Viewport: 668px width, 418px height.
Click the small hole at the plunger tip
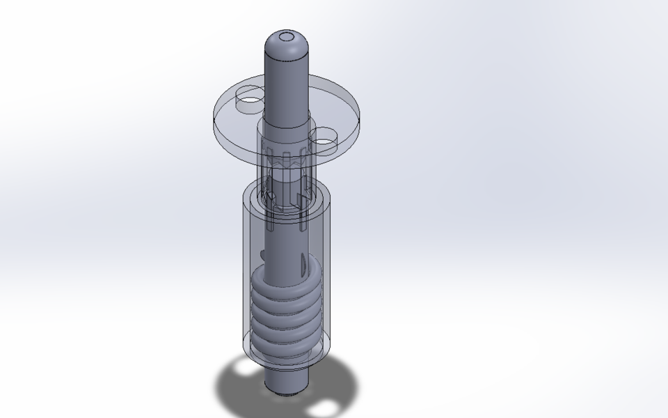[x=286, y=36]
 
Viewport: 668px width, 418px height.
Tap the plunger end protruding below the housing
[x=287, y=380]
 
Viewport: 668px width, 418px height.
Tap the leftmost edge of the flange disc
[x=213, y=115]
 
